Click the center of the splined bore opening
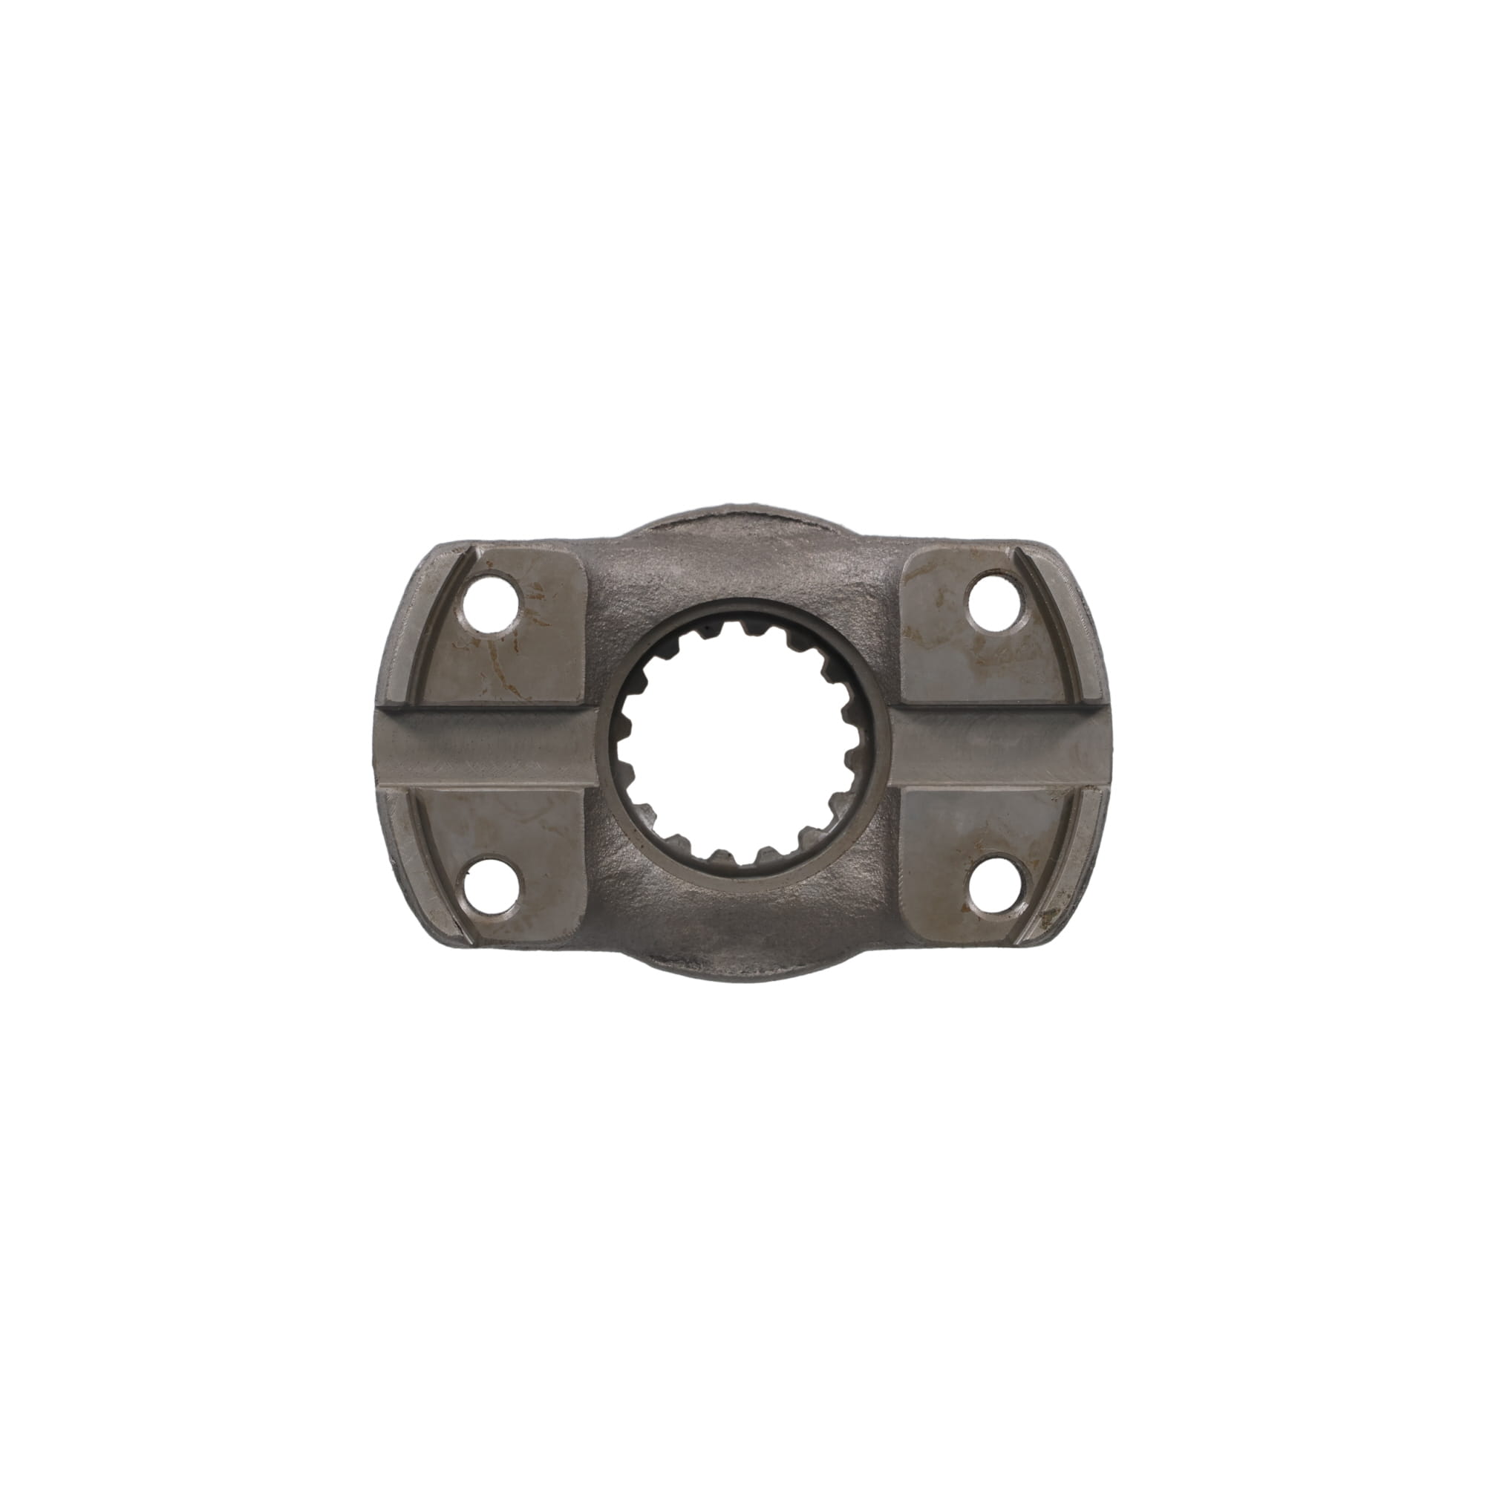(742, 745)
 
